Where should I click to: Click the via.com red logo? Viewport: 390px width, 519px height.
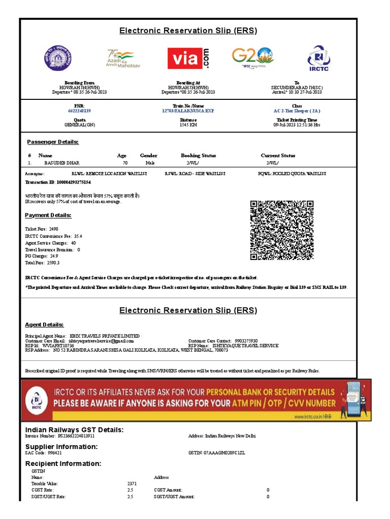click(188, 58)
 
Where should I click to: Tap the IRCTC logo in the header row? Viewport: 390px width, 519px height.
click(318, 59)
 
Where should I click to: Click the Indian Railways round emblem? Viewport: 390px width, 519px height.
click(57, 59)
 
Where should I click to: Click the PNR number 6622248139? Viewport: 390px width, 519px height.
click(79, 110)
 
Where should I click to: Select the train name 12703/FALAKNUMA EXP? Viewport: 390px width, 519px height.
click(188, 110)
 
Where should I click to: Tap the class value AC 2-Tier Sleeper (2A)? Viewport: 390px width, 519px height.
click(297, 110)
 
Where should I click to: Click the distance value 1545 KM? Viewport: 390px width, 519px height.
click(188, 125)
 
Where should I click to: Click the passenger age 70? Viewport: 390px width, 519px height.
click(125, 163)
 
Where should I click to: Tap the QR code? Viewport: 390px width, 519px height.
click(282, 230)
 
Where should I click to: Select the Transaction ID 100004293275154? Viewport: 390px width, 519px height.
click(71, 182)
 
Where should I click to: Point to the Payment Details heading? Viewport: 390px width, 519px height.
click(48, 215)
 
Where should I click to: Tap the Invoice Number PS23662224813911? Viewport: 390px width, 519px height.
click(76, 436)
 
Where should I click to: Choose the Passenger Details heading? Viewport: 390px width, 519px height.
click(53, 142)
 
